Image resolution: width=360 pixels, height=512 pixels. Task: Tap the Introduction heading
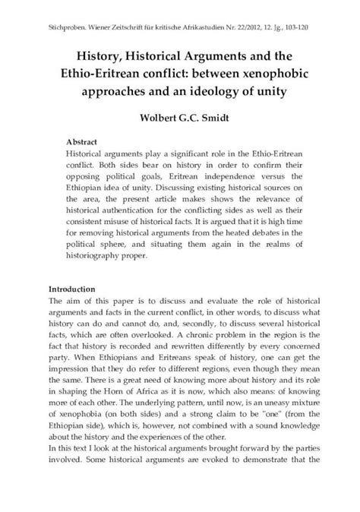click(71, 289)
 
